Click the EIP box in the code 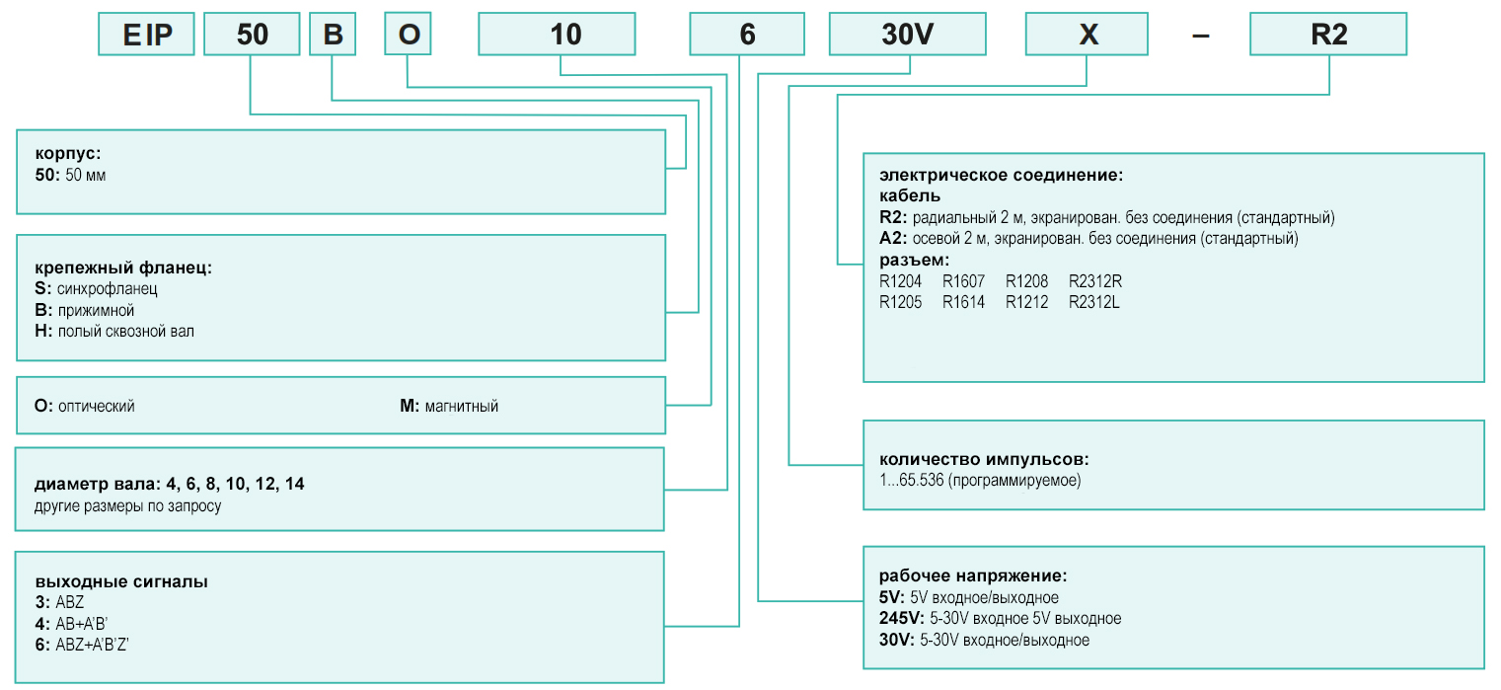[x=146, y=34]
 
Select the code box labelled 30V [x=907, y=34]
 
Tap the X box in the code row [x=1087, y=34]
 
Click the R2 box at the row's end [x=1328, y=34]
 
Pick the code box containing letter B [x=333, y=34]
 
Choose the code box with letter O [x=408, y=34]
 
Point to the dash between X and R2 [x=1200, y=36]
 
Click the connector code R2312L [x=1093, y=302]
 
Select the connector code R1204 [x=900, y=281]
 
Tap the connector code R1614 [x=963, y=302]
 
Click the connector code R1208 [x=1026, y=281]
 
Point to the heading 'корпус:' [x=68, y=154]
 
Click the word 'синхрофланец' [x=108, y=289]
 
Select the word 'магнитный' [x=461, y=406]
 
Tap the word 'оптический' [x=96, y=406]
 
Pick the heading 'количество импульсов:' [x=984, y=459]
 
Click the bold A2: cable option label [x=893, y=238]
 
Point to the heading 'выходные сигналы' [x=121, y=581]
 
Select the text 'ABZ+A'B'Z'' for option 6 [x=92, y=645]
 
